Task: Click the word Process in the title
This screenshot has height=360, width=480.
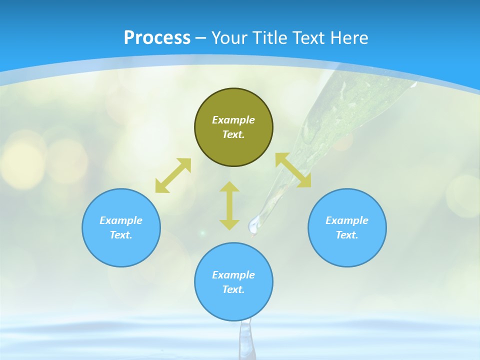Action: coord(157,38)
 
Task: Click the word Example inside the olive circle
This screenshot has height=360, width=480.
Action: coord(233,120)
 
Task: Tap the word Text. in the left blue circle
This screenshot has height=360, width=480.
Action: coord(121,235)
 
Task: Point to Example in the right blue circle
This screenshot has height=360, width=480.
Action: coord(347,220)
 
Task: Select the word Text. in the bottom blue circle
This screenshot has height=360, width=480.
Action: coord(233,289)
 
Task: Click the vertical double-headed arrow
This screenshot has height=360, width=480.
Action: coord(229,205)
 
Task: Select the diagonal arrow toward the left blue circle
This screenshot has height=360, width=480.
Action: coord(173,175)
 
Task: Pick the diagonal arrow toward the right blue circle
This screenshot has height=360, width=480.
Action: coord(293,170)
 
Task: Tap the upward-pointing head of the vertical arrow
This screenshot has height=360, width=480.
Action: coord(229,187)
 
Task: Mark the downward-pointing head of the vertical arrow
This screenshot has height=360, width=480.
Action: coord(229,224)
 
